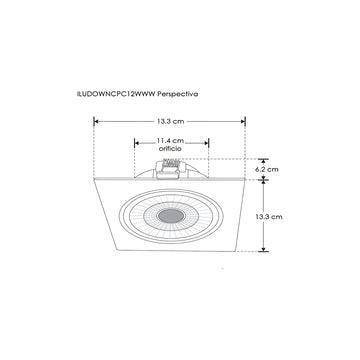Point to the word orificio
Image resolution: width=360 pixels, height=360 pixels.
tap(169, 151)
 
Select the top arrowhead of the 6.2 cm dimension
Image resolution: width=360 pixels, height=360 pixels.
tap(263, 159)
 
